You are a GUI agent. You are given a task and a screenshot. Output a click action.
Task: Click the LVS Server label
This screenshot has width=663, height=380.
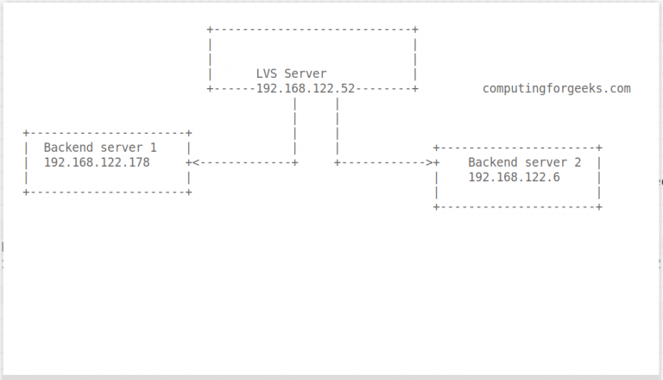click(292, 74)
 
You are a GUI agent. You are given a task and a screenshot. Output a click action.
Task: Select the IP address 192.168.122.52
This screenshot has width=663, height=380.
click(306, 88)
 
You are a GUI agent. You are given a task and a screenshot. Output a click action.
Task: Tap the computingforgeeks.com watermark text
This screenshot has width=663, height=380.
click(557, 88)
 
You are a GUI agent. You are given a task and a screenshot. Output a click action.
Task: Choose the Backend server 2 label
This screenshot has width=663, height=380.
click(525, 162)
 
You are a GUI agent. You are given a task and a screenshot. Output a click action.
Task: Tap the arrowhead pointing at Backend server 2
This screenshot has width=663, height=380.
click(430, 162)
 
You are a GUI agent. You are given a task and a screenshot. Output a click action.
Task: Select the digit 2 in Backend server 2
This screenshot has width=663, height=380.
click(578, 162)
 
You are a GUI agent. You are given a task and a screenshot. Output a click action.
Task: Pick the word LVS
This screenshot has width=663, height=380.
click(267, 74)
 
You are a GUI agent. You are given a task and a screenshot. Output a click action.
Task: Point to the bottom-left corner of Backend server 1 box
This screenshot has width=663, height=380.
click(27, 192)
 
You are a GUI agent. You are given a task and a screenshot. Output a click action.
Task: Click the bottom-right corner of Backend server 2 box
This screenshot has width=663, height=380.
click(599, 206)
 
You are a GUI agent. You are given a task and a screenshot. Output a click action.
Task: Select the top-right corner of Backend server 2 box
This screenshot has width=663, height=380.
click(599, 149)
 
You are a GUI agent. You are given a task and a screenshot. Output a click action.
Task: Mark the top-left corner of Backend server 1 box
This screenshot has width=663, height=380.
click(27, 133)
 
